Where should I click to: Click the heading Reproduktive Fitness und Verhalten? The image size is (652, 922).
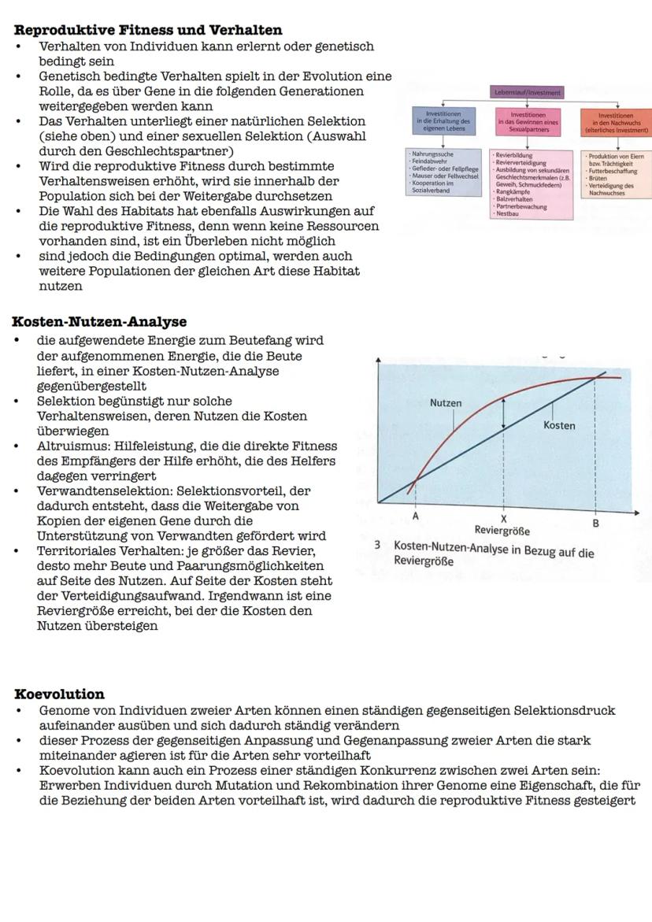(148, 30)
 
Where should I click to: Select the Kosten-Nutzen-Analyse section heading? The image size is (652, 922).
(99, 322)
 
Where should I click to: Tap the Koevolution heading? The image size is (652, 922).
(60, 694)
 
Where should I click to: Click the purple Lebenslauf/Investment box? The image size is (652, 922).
(528, 92)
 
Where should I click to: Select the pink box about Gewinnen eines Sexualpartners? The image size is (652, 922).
(529, 121)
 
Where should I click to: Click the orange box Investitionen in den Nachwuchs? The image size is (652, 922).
(616, 121)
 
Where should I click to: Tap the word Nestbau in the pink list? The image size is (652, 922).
(507, 213)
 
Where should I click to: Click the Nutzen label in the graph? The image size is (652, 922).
(446, 403)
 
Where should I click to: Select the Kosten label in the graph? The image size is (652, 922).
(559, 425)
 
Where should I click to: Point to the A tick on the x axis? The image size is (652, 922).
(415, 517)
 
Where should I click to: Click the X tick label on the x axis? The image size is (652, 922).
(504, 519)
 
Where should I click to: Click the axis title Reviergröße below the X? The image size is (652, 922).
(502, 531)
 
